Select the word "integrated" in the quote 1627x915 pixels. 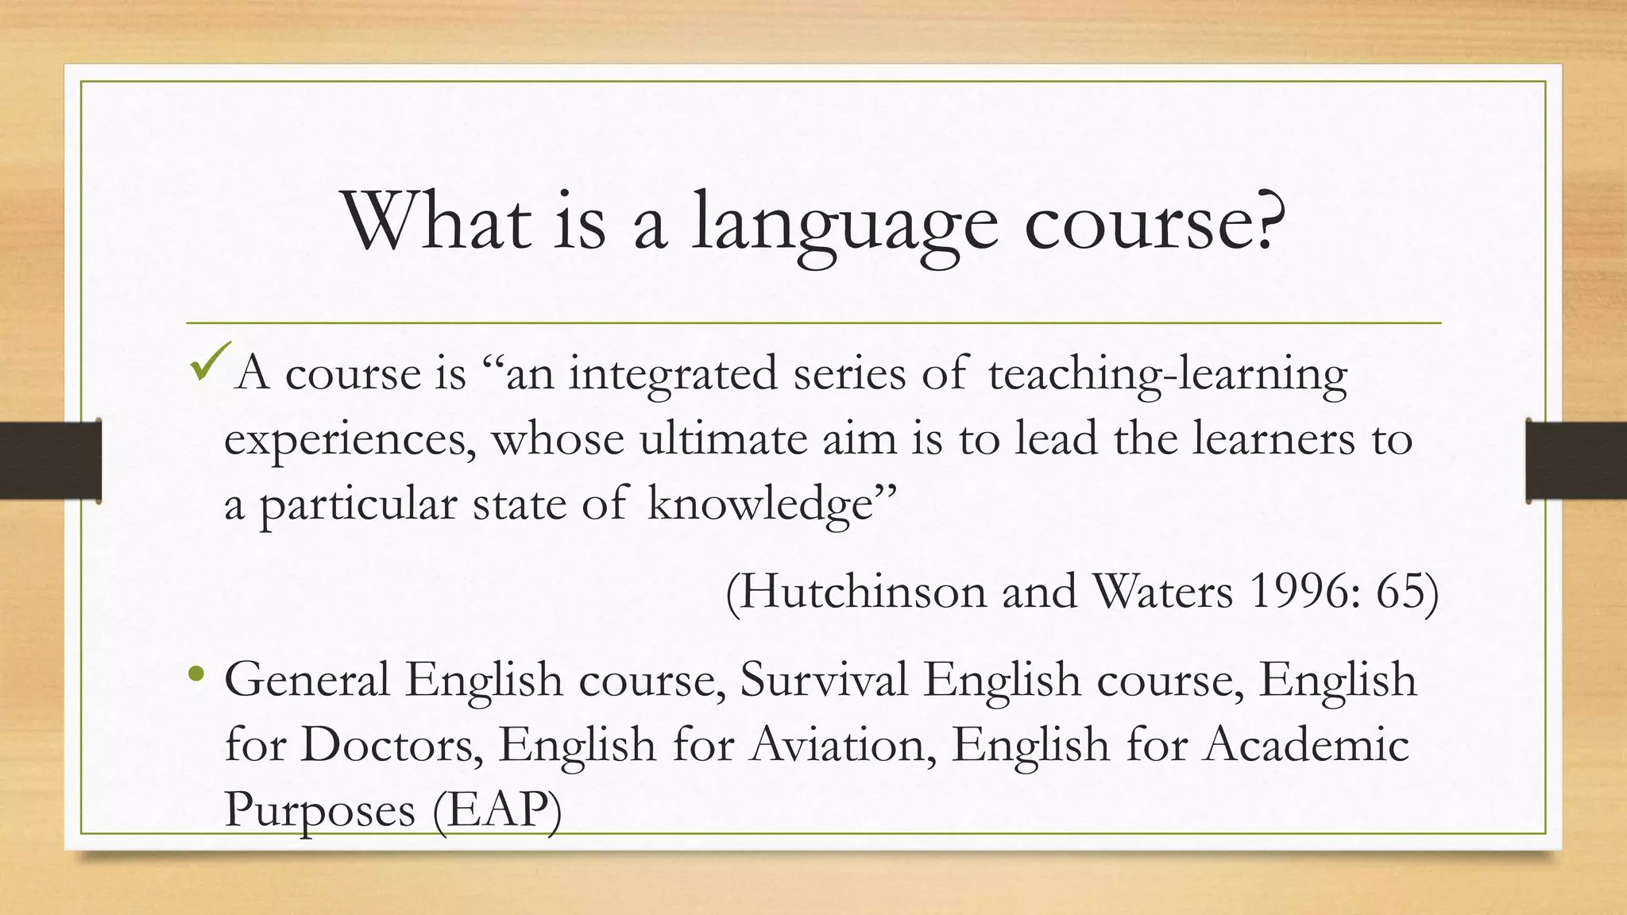tap(673, 374)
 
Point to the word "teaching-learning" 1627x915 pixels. tap(1168, 374)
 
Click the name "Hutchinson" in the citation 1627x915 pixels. tap(863, 592)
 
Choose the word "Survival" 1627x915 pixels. tap(823, 680)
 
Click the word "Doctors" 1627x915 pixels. tap(391, 745)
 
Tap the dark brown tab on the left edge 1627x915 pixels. tap(50, 461)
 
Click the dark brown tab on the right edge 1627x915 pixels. tap(1576, 461)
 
